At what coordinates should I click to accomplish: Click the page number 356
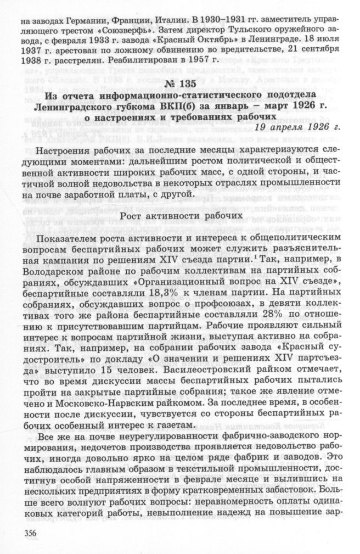click(25, 533)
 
